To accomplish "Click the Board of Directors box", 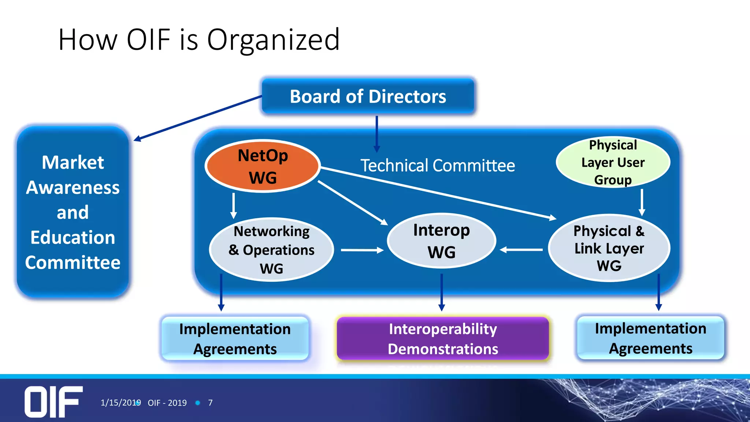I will click(368, 96).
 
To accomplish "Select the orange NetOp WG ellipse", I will click(263, 166).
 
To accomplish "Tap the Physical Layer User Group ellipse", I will click(613, 162).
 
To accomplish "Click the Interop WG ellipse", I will click(441, 241).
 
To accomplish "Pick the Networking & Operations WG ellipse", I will click(271, 250).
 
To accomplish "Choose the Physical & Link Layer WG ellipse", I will click(609, 248).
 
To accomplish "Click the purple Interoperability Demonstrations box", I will click(442, 338).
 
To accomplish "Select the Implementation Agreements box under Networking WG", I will click(235, 338).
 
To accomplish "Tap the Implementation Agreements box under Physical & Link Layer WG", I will click(650, 338).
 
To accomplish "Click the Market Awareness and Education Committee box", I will click(73, 212).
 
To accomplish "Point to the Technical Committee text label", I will click(438, 166).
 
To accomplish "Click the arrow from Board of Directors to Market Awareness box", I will click(198, 118).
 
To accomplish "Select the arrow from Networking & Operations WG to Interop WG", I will click(362, 250).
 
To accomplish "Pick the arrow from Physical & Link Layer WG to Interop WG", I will click(521, 250).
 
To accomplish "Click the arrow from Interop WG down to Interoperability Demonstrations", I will click(442, 292).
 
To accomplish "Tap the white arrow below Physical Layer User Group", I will click(642, 202).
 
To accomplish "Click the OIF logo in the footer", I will click(53, 401).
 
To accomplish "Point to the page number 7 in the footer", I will click(210, 403).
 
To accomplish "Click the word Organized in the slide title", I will click(273, 40).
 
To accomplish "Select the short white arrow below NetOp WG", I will click(234, 206).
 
